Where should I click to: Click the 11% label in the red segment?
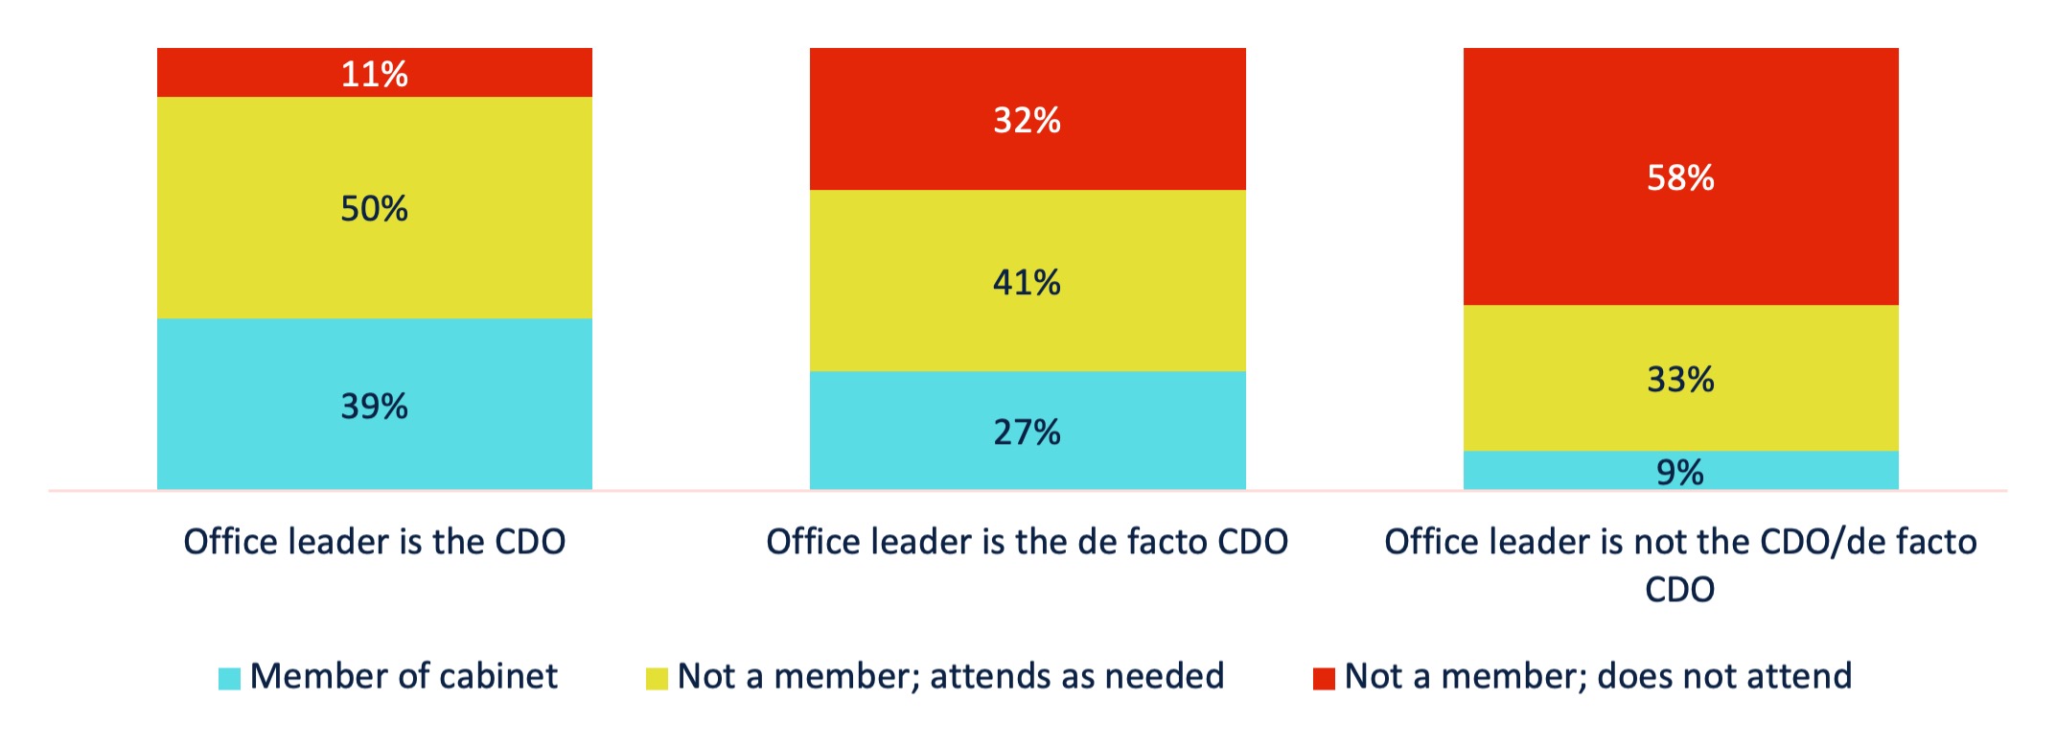(x=374, y=74)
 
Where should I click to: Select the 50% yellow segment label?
(x=374, y=208)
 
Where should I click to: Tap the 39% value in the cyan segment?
(x=374, y=407)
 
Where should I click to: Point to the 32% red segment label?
(x=1027, y=120)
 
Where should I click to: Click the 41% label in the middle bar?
(x=1027, y=282)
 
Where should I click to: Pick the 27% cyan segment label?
(x=1027, y=432)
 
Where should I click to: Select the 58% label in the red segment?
(x=1680, y=177)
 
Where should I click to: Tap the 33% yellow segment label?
(x=1680, y=380)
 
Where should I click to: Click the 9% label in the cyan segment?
(x=1680, y=472)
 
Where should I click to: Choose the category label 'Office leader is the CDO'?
(x=374, y=542)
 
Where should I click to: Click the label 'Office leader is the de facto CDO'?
(x=1027, y=542)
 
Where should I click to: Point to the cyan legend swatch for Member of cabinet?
(x=229, y=678)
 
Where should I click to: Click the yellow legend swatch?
(x=657, y=678)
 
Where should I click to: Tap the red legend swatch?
(x=1324, y=678)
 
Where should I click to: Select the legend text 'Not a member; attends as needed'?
(x=950, y=676)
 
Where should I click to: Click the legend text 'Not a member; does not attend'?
(x=1598, y=676)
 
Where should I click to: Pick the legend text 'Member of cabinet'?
(x=404, y=676)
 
